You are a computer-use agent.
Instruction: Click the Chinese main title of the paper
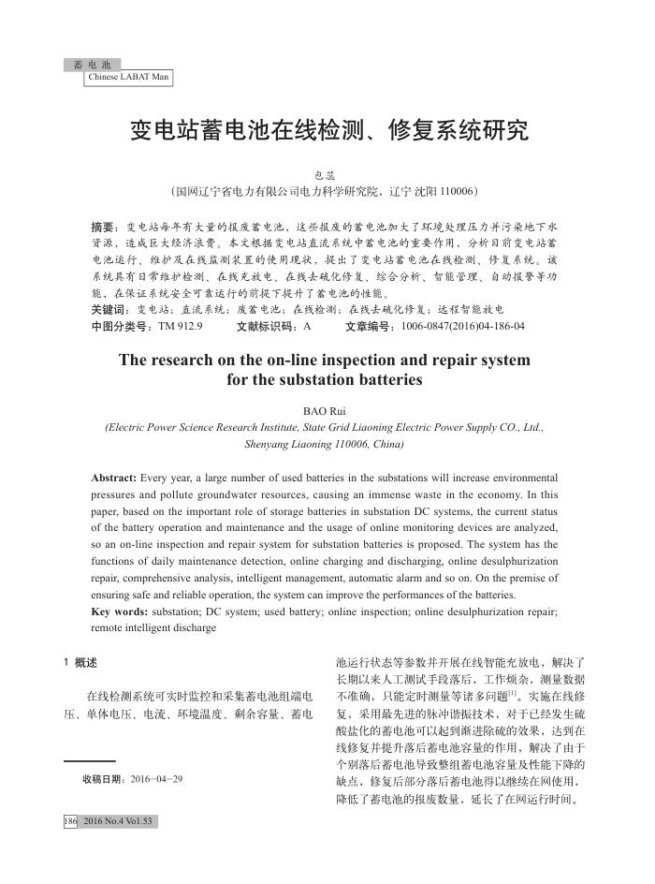click(327, 129)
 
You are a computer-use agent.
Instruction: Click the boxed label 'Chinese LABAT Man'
click(128, 77)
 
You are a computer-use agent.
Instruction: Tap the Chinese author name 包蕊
click(327, 175)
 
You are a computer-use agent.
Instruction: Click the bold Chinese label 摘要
click(103, 228)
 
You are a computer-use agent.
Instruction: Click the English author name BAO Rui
click(326, 411)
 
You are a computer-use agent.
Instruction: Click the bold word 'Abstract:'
click(114, 478)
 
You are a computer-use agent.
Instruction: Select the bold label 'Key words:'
click(120, 611)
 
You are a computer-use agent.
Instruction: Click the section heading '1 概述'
click(80, 663)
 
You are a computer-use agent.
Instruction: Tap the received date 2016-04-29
click(157, 778)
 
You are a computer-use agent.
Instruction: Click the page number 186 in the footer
click(70, 821)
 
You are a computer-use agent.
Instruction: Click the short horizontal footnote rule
click(89, 761)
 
